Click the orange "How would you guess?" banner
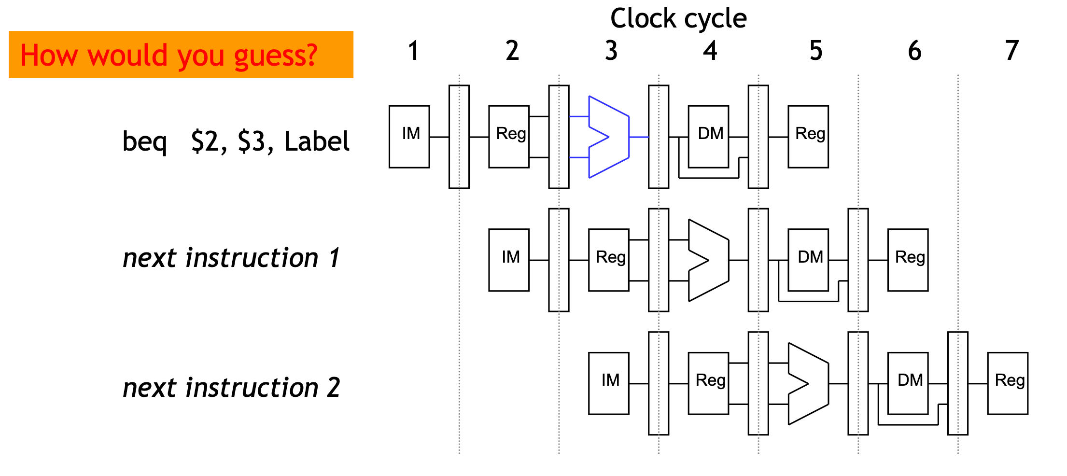[181, 55]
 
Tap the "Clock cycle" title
[678, 19]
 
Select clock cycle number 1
[413, 51]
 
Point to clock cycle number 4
[710, 51]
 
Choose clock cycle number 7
[1012, 51]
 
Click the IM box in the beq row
[409, 137]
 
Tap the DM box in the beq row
[708, 137]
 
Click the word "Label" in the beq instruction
[317, 141]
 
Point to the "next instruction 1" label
[231, 258]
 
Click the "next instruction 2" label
[231, 388]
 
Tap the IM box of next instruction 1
[509, 260]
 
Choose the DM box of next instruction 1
[808, 260]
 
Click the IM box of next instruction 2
[608, 383]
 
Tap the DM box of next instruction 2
[908, 383]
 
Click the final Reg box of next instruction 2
[1008, 383]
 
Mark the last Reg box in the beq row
[808, 137]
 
